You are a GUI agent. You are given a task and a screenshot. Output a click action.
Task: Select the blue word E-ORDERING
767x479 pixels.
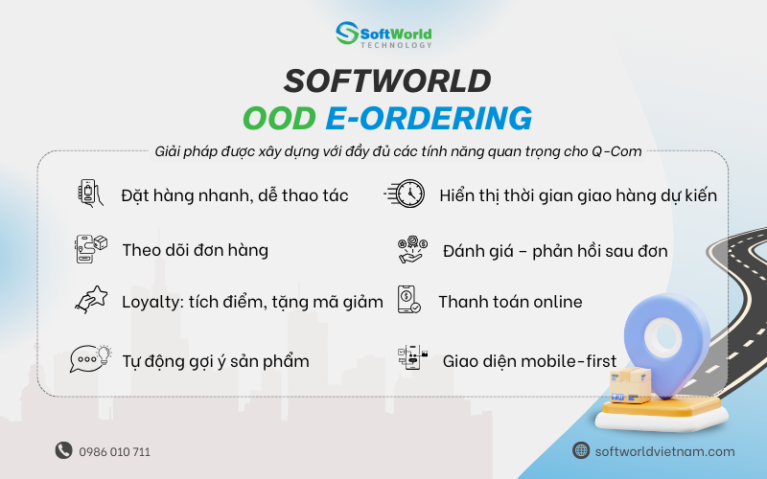point(428,118)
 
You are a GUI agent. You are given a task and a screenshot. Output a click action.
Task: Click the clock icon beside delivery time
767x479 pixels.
point(405,194)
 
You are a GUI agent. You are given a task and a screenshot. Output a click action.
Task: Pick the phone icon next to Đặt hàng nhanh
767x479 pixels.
point(90,194)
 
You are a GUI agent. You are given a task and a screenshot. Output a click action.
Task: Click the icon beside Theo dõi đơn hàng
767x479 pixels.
point(90,249)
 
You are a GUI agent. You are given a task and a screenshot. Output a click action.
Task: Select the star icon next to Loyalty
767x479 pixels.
point(90,301)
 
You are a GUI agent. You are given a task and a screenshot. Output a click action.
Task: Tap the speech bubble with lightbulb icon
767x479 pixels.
point(90,359)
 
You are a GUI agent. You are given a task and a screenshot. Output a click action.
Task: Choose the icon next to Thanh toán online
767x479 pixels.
point(407,301)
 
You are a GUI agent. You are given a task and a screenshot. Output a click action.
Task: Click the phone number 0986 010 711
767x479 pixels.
point(115,451)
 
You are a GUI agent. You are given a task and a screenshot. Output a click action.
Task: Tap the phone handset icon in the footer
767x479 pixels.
point(63,450)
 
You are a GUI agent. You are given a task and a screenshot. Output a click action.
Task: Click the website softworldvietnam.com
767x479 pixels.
point(664,451)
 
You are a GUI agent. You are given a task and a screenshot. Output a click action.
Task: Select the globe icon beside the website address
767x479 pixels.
point(581,450)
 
